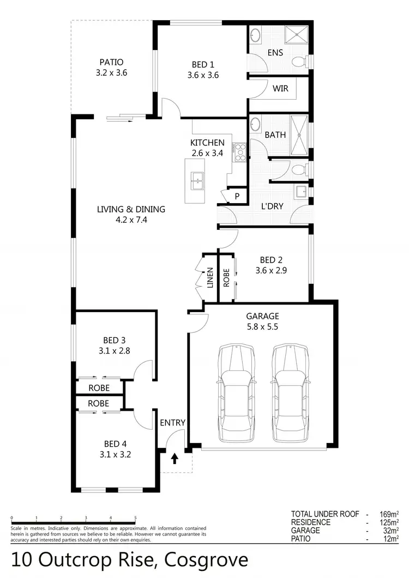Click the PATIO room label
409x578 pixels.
click(x=111, y=62)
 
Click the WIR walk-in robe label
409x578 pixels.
click(x=280, y=88)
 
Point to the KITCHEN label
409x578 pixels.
click(x=207, y=143)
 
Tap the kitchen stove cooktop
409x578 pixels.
click(x=239, y=153)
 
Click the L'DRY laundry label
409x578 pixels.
click(x=271, y=208)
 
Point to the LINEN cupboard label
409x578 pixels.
click(x=210, y=278)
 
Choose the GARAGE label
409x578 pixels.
click(x=262, y=316)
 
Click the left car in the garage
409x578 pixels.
click(x=236, y=392)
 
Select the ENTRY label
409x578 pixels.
click(x=173, y=422)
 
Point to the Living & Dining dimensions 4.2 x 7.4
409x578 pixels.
click(x=131, y=220)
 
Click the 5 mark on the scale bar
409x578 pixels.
click(x=135, y=518)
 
